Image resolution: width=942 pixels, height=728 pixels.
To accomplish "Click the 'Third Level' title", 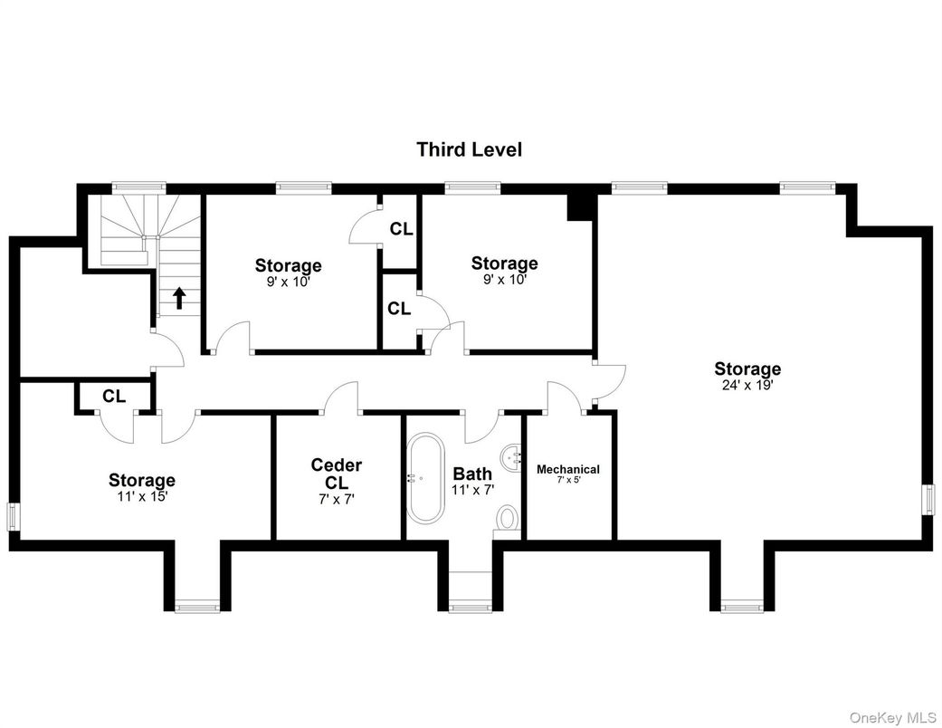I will pos(469,149).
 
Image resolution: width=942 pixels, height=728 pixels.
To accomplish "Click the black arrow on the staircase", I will pos(179,297).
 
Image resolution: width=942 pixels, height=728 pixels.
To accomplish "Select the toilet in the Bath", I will pos(507,519).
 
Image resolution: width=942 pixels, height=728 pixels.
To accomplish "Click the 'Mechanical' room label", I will pos(567,469).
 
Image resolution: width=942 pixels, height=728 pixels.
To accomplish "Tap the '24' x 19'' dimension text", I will pos(747,384).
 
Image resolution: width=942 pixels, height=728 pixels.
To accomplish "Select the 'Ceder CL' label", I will pos(336,474).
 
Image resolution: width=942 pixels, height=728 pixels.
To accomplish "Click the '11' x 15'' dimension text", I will pos(142,495).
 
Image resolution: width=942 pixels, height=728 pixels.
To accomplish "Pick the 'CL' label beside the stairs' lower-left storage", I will pos(113,396).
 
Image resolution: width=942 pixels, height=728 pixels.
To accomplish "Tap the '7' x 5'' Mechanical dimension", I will pos(568,481).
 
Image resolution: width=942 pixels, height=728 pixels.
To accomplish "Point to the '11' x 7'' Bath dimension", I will pos(472,489).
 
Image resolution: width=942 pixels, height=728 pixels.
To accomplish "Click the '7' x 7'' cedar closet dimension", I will pos(336,497).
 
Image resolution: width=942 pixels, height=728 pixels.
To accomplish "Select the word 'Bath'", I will pos(472,474).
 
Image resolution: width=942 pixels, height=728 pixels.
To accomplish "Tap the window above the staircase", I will pos(138,187).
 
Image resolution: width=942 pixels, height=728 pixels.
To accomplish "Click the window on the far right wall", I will pos(928,499).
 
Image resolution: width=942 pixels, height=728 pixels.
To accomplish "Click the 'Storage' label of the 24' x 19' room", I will pos(747,369).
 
